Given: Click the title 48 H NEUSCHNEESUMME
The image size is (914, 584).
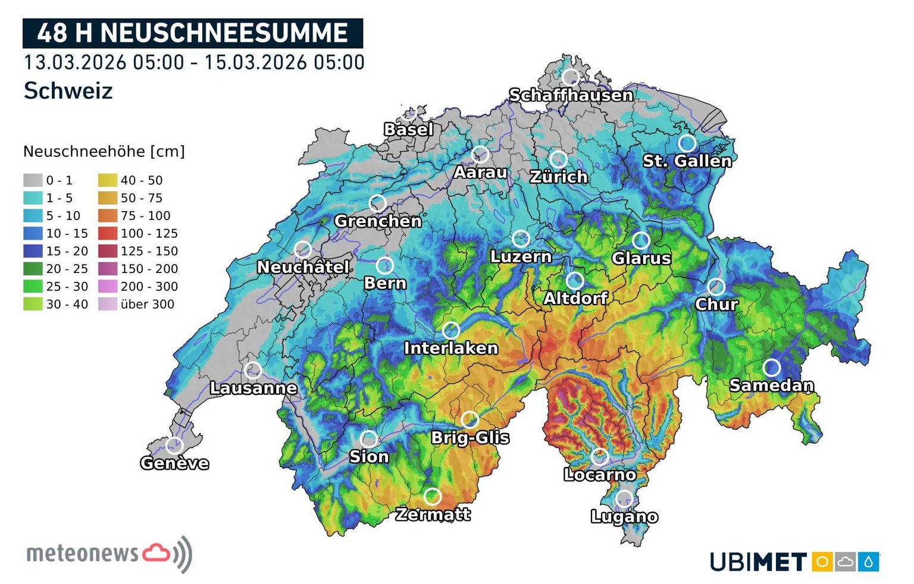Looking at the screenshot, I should [192, 33].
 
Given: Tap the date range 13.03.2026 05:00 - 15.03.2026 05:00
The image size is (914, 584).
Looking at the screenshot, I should [194, 62].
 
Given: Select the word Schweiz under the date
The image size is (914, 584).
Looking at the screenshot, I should [68, 91].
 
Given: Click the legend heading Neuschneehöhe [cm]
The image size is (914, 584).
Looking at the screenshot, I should [104, 152].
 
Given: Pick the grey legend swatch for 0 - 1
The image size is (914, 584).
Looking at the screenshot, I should [33, 180].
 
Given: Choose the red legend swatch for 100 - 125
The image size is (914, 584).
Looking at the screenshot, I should [108, 234].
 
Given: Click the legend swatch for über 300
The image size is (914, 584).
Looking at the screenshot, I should [108, 304].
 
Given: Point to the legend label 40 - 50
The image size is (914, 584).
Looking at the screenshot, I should [141, 180].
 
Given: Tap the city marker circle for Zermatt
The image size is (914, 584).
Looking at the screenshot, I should [433, 496].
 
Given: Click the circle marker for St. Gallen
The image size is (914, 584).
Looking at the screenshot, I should [687, 143].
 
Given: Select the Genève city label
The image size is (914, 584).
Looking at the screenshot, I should [174, 463].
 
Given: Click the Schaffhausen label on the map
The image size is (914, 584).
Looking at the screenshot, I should [571, 95].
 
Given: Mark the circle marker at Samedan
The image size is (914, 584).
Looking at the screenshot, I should [772, 368].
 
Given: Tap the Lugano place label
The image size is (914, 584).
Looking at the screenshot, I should [624, 516].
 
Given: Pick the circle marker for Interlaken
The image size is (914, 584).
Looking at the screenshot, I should [451, 329].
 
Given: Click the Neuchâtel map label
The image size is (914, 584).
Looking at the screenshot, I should [303, 267].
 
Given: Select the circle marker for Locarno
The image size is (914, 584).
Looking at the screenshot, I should [600, 457].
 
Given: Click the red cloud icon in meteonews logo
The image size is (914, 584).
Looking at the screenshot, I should [156, 553].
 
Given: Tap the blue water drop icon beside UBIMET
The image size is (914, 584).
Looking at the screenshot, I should [868, 561].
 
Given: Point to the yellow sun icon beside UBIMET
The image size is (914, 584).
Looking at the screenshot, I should [822, 561].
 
